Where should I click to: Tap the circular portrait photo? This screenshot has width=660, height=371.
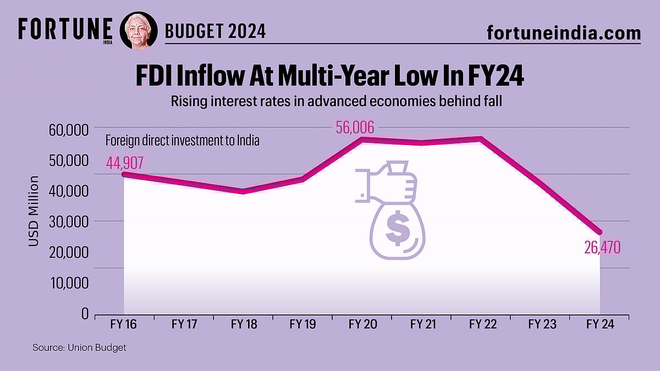[x=139, y=30]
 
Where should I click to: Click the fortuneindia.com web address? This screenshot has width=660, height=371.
[x=564, y=32]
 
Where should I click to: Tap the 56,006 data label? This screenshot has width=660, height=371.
[x=355, y=128]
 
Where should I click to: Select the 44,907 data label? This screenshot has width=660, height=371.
[x=125, y=163]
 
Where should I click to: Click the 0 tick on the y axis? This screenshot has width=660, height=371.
[x=85, y=314]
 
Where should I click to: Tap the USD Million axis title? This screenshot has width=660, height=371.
[x=34, y=211]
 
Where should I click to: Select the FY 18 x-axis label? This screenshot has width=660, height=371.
[x=243, y=325]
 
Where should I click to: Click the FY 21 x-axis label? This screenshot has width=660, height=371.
[x=423, y=325]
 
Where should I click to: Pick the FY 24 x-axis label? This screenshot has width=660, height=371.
[x=600, y=325]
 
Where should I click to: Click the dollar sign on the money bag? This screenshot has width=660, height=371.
[x=397, y=230]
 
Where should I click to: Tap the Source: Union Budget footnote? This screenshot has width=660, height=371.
[x=79, y=348]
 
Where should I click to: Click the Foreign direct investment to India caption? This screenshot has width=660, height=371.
[x=182, y=141]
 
